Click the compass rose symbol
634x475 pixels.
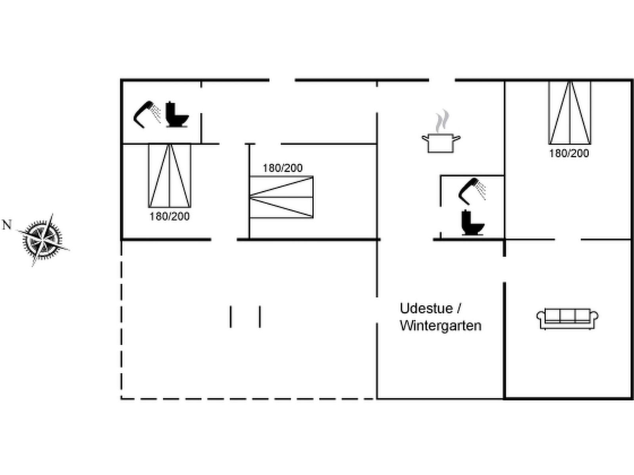tap(43, 239)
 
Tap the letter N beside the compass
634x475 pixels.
tap(7, 225)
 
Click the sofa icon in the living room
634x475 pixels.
tap(567, 319)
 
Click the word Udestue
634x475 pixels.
tap(426, 309)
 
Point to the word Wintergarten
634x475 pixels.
tap(441, 326)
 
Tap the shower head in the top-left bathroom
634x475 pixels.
tap(147, 114)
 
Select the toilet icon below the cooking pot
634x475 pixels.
tap(473, 222)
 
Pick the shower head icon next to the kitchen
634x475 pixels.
tap(472, 192)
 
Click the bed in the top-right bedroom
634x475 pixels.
tap(569, 113)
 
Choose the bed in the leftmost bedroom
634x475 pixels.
tap(170, 175)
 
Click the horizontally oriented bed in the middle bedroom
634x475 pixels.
tap(281, 197)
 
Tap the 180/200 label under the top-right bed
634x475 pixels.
tap(569, 154)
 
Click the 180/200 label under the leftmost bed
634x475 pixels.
tap(170, 216)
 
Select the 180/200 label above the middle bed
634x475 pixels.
tap(283, 168)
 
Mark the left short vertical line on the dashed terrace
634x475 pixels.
tap(231, 317)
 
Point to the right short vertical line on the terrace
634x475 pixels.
tap(260, 317)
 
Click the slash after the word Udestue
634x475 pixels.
tap(459, 308)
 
